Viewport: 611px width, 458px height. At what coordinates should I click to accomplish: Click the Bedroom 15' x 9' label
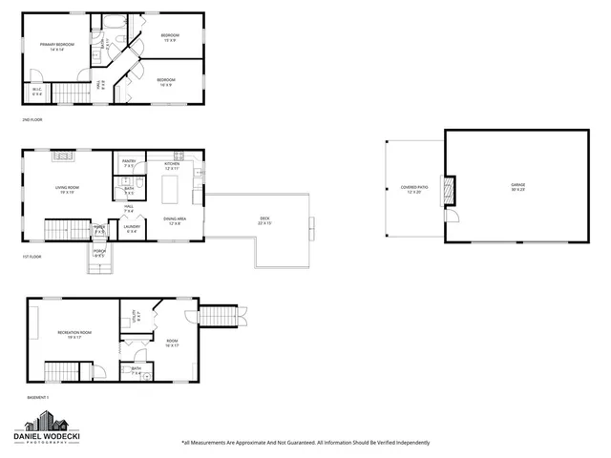170,37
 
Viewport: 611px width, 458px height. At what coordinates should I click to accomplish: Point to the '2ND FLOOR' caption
32,120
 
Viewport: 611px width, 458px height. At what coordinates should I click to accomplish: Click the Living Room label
66,190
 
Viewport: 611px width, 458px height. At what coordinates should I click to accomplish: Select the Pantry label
129,164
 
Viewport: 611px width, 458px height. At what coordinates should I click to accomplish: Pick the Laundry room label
132,229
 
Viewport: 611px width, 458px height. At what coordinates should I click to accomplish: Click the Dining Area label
175,221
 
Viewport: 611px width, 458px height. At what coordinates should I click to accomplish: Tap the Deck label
264,219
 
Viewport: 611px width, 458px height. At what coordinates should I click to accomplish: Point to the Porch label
99,255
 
